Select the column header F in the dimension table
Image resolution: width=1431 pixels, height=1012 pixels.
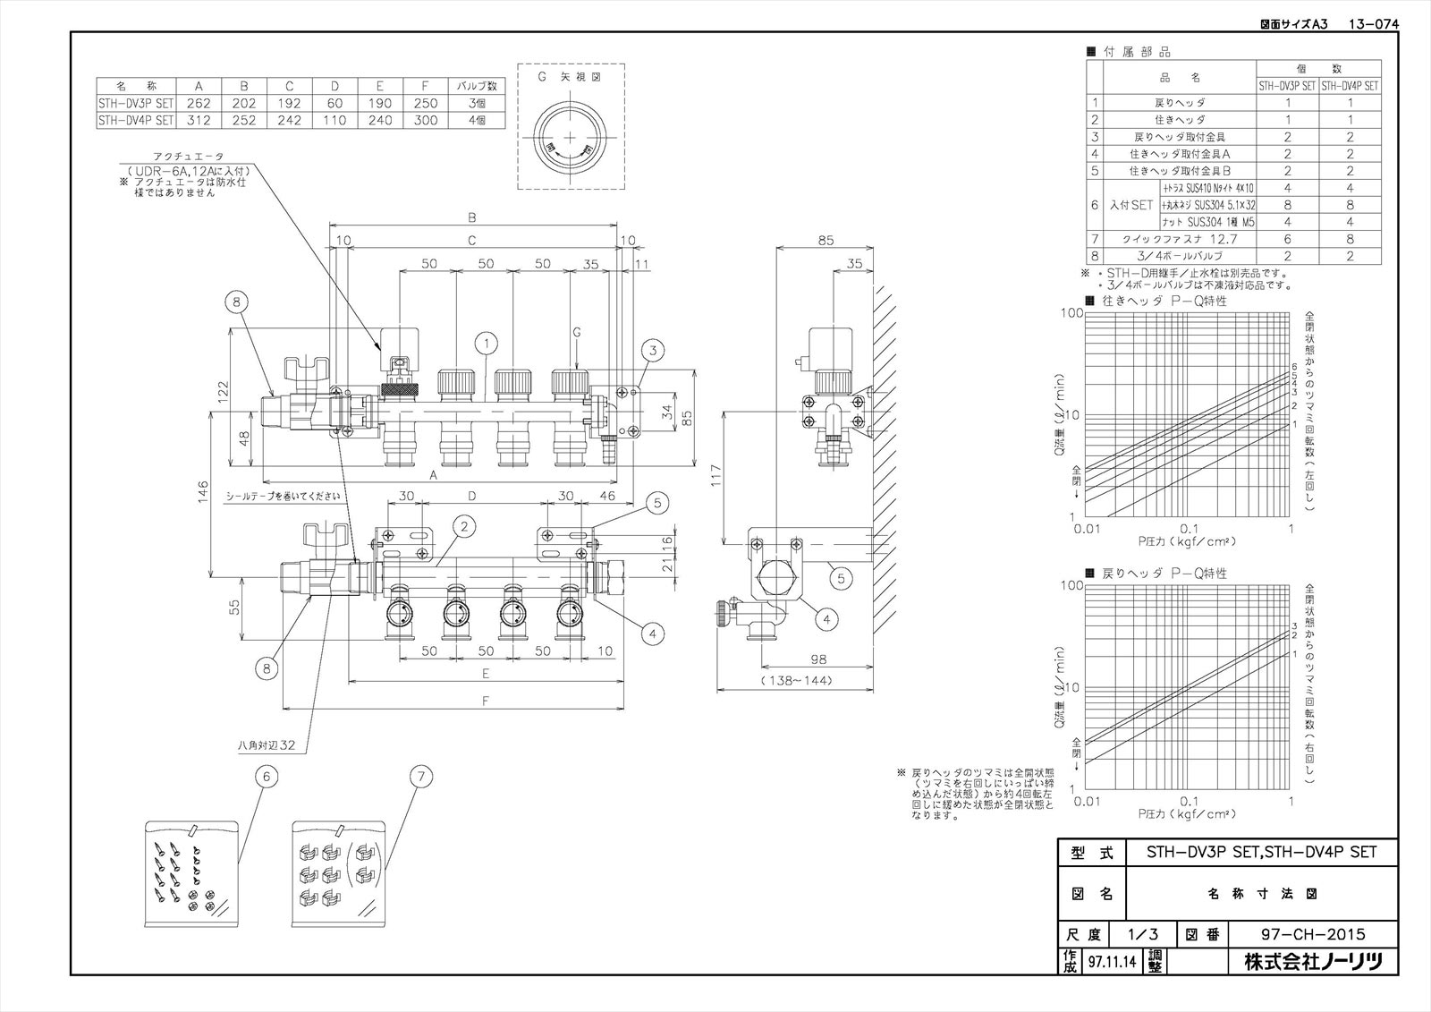tap(426, 86)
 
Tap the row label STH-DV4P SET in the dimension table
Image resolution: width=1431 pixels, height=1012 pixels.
tap(135, 119)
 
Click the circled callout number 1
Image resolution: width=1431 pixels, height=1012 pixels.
tap(487, 342)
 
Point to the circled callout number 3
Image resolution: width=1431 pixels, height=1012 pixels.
tap(654, 352)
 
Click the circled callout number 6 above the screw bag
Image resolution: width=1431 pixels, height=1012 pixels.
tap(265, 777)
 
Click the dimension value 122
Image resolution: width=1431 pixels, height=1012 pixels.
tap(224, 389)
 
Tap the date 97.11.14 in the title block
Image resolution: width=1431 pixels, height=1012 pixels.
tap(1110, 962)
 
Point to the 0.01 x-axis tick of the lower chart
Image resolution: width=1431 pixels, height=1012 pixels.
tap(1087, 801)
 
